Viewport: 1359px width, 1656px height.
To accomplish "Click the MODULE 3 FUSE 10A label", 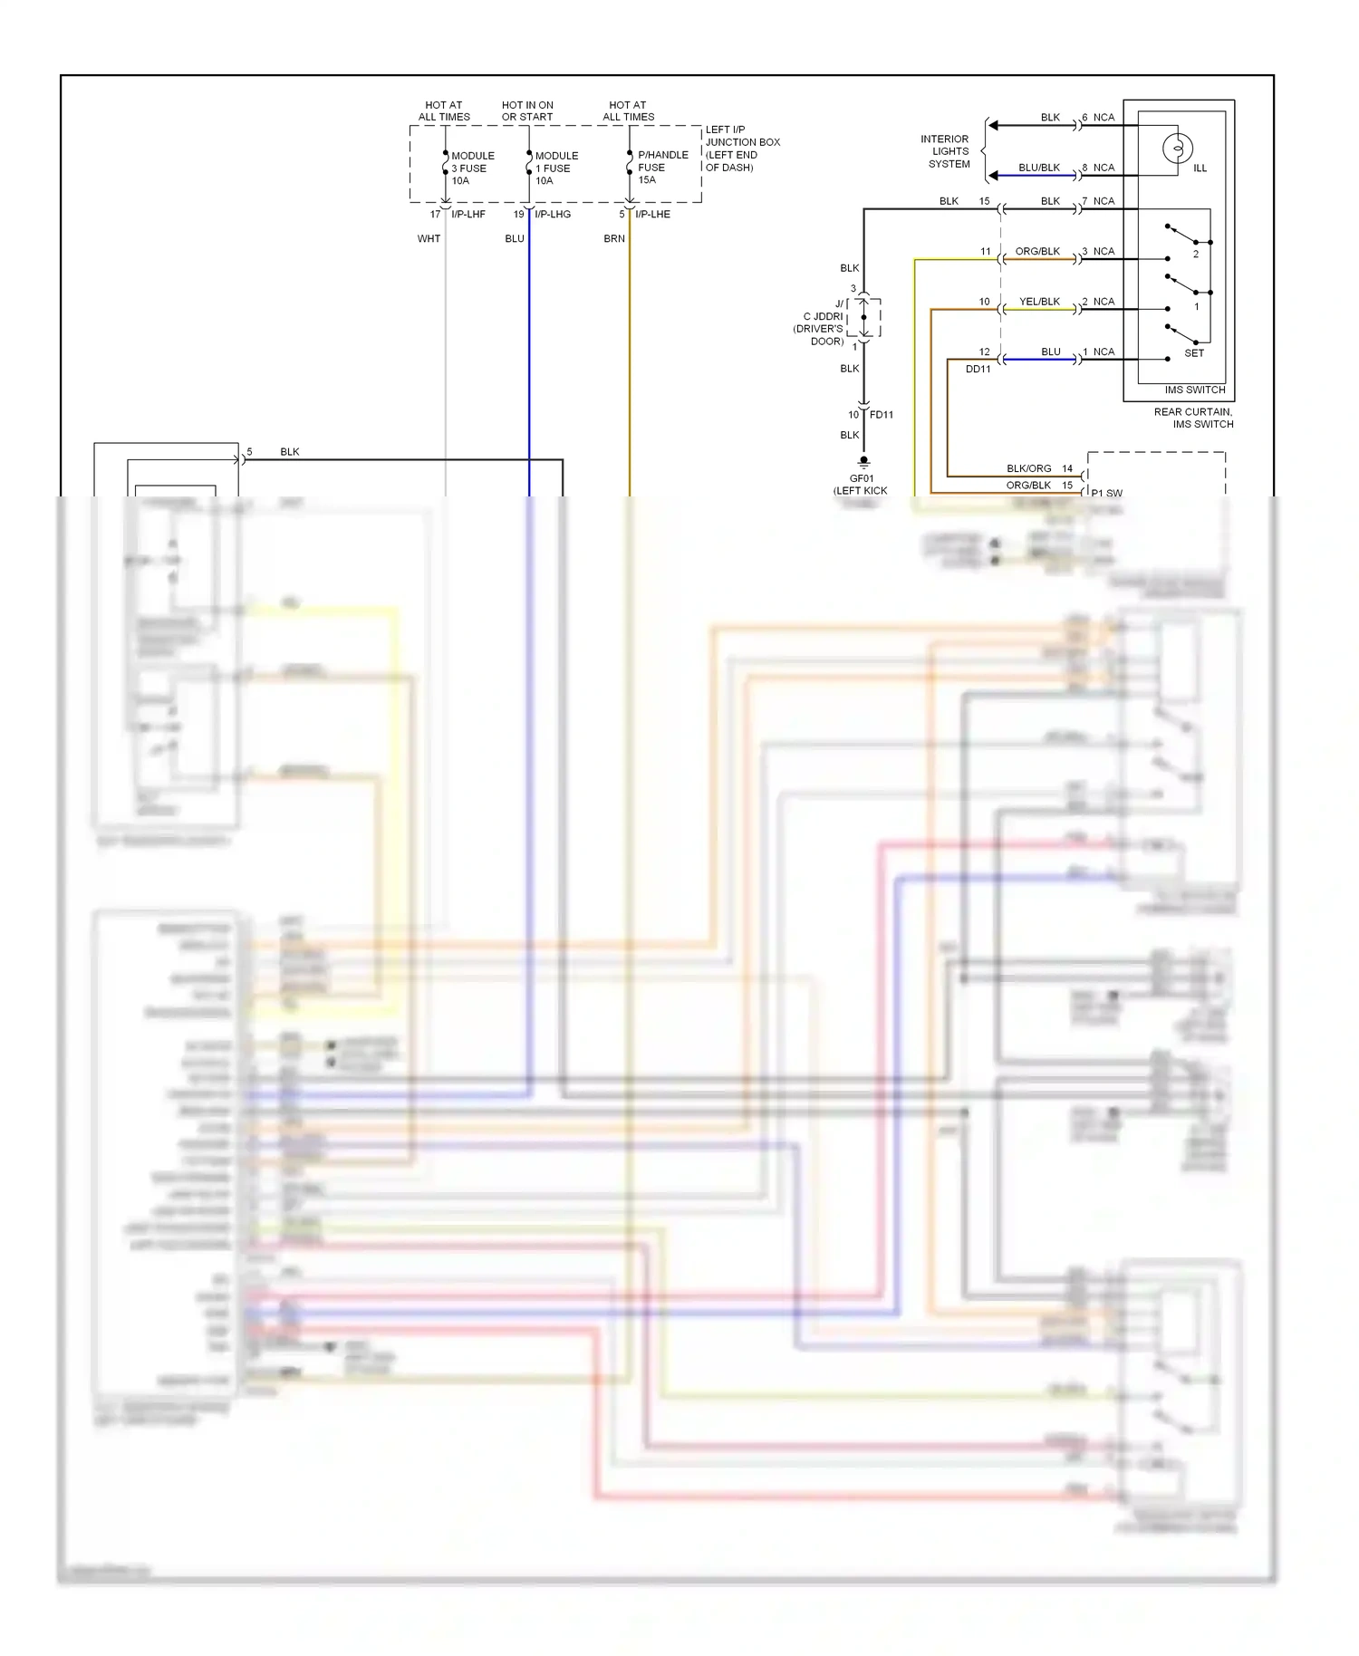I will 472,168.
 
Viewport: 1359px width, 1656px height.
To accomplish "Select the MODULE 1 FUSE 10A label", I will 555,168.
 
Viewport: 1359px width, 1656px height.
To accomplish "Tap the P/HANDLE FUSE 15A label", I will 661,168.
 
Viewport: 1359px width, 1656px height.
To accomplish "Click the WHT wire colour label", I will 429,239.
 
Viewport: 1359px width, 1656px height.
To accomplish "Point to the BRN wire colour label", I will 614,239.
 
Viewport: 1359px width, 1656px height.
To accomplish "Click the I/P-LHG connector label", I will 552,215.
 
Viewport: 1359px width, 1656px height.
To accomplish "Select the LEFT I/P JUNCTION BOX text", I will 741,149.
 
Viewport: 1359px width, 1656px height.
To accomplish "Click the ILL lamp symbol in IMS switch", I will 1177,148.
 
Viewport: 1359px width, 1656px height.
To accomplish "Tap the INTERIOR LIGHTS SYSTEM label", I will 947,151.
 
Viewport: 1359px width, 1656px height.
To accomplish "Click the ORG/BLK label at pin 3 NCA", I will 1036,252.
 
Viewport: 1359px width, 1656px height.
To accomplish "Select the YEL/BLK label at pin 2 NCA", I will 1038,302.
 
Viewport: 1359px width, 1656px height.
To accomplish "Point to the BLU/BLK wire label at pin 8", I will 1038,168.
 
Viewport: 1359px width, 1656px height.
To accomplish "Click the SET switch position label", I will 1193,353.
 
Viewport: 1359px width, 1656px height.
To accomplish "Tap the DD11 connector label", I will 978,370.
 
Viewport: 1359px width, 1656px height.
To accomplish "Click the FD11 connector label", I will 881,415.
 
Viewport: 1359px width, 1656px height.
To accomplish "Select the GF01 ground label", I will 861,479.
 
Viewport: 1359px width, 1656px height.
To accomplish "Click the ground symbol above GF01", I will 863,461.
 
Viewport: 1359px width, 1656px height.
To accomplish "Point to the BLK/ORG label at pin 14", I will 1028,469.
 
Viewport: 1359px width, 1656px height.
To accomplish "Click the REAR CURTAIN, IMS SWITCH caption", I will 1192,418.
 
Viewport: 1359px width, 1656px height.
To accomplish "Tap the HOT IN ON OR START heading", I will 527,111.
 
